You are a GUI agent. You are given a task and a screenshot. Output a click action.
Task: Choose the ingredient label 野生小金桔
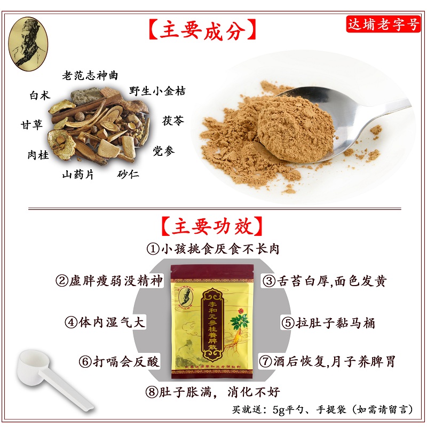tap(157, 91)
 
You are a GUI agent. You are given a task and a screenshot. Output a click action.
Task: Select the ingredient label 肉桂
tap(38, 155)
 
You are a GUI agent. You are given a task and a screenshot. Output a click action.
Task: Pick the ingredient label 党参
tap(163, 151)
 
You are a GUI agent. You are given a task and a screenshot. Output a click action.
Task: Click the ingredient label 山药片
tap(78, 175)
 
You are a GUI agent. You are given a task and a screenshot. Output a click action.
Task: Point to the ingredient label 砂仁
tap(128, 175)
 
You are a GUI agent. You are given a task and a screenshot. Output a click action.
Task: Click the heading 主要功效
tap(212, 226)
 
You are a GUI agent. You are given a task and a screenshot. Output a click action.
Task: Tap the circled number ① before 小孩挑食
tap(153, 249)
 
